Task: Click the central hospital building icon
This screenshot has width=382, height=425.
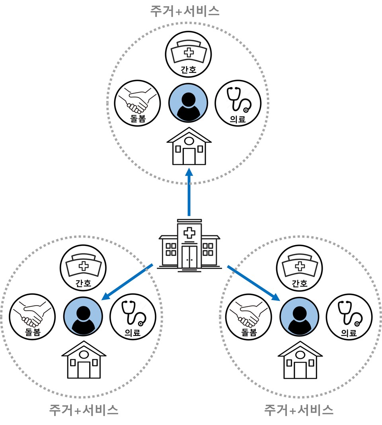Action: point(189,245)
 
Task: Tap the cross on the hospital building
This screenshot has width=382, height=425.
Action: point(189,232)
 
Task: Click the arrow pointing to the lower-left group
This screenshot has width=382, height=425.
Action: point(127,281)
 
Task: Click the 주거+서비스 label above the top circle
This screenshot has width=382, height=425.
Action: point(185,11)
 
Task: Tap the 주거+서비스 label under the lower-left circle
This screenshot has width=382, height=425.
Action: point(84,409)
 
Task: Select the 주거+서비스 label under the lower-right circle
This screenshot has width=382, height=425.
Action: point(299,409)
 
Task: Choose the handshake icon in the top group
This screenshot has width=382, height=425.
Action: point(138,99)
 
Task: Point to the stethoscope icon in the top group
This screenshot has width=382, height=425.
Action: point(238,99)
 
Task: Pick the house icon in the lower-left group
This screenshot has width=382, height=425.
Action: point(84,360)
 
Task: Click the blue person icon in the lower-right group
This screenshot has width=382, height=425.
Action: point(299,316)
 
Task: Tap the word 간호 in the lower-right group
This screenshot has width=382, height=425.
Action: point(299,283)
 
